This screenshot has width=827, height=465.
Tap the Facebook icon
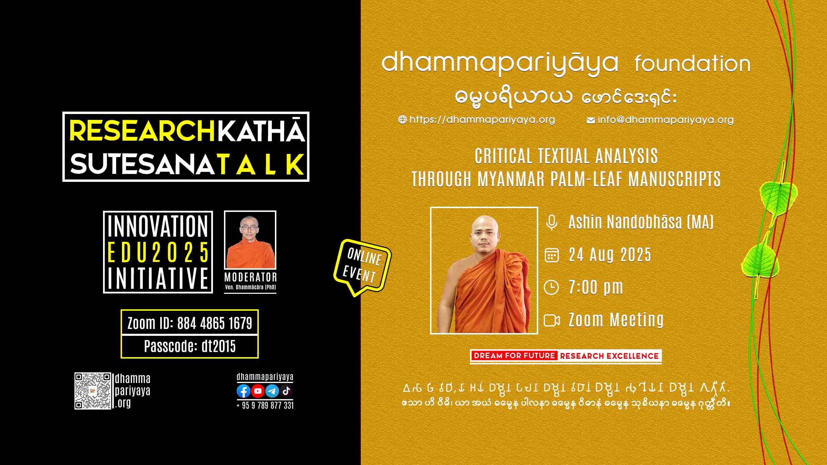click(x=244, y=391)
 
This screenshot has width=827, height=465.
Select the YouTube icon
click(x=258, y=391)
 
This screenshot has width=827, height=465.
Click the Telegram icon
click(x=272, y=391)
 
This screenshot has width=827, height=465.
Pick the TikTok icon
click(x=286, y=391)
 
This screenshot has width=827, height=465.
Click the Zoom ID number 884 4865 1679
click(x=215, y=323)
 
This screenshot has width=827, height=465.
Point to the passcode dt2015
click(x=218, y=346)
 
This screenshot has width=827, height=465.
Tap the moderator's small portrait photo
click(x=250, y=240)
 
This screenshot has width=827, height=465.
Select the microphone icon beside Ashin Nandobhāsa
click(x=552, y=222)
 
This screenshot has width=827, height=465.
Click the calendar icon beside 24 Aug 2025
click(x=551, y=255)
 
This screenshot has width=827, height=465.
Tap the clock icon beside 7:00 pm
click(x=551, y=287)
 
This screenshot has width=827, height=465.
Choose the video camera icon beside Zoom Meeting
click(x=552, y=320)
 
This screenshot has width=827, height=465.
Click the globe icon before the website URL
click(x=402, y=120)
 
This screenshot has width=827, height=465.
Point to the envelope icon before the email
click(x=591, y=120)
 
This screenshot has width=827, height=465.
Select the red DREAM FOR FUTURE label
click(x=514, y=356)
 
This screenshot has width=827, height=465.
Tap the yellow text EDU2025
click(x=158, y=252)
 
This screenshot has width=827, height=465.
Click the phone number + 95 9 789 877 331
click(x=265, y=405)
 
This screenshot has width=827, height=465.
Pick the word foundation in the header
click(x=693, y=64)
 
